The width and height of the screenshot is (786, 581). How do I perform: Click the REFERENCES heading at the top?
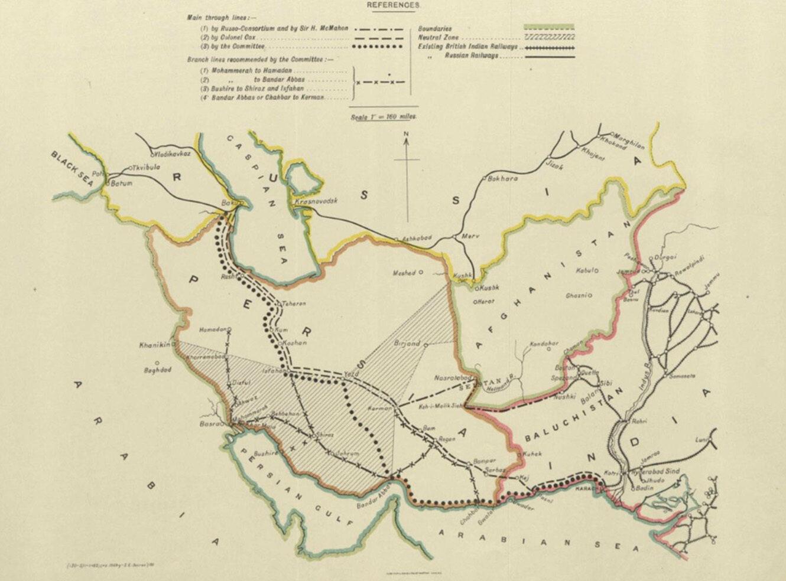tap(393, 5)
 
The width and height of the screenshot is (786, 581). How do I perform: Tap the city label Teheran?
tap(294, 303)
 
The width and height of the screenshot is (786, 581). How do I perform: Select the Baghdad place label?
tap(157, 370)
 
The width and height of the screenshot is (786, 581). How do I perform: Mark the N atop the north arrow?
tap(406, 135)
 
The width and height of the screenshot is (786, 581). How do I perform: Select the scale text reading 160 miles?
tap(384, 116)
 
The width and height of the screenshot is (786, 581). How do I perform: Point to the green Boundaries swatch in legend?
tap(549, 28)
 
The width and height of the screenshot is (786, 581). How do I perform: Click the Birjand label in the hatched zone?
tap(407, 343)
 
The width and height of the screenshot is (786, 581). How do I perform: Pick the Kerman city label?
tap(380, 409)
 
